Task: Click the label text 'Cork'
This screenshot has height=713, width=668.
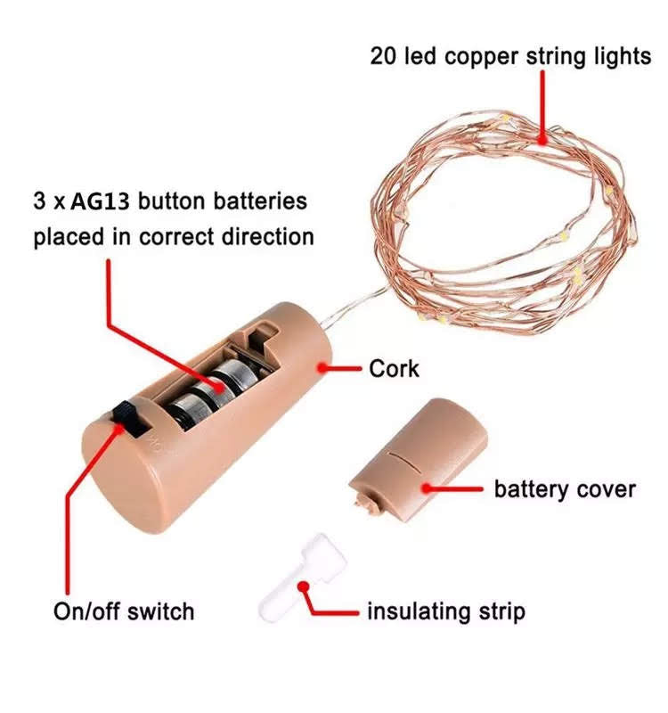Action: pos(394,368)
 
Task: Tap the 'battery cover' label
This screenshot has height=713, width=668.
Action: pos(565,489)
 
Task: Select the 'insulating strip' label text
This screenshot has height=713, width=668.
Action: pos(446,611)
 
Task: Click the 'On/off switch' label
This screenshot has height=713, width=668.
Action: pos(124,611)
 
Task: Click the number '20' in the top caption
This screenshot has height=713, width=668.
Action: pos(383,56)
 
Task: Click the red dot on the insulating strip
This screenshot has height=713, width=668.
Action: pos(304,586)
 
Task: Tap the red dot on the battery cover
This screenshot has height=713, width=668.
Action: pos(427,487)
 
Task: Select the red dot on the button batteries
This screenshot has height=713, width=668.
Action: pos(217,384)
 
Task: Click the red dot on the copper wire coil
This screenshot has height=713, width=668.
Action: pos(542,138)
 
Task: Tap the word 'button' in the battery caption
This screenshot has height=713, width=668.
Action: pos(175,201)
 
